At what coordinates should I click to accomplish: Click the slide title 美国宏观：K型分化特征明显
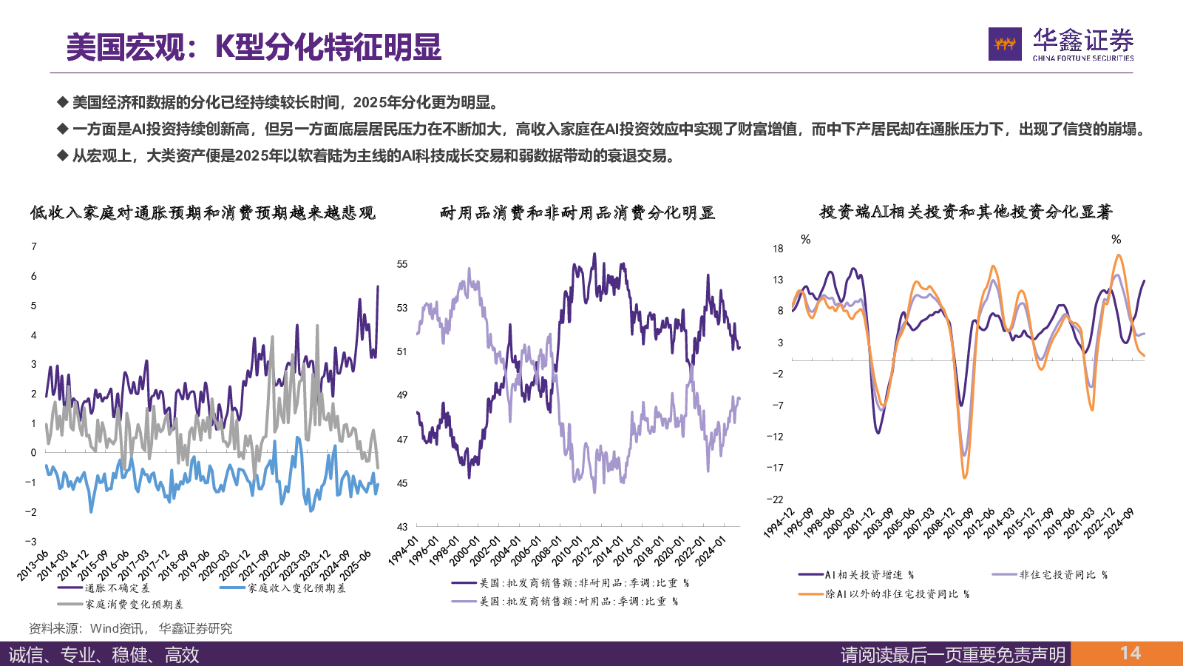254,47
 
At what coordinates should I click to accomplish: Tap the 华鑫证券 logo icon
1005,44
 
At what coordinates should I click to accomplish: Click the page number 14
1130,653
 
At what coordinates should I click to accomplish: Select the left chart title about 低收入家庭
203,213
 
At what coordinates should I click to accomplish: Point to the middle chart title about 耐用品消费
577,213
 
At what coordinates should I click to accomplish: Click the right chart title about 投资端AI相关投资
966,212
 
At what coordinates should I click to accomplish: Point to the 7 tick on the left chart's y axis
34,246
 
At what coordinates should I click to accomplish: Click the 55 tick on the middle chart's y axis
402,264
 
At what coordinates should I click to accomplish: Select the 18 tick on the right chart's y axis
778,249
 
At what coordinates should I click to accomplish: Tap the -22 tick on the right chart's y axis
775,499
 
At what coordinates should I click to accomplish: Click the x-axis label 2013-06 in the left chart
33,565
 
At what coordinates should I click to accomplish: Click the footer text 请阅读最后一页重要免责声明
953,655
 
